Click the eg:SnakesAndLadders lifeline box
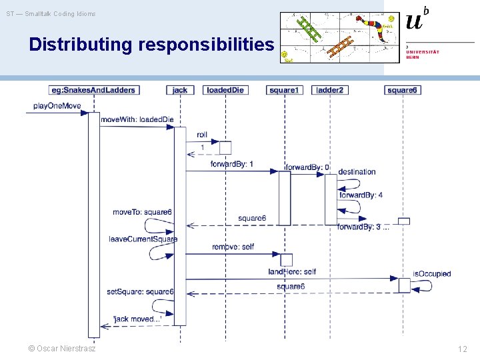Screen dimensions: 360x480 coord(93,90)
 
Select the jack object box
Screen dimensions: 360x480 coord(179,90)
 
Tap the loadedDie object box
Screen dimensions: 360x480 coord(225,90)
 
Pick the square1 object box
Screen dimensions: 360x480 coord(284,90)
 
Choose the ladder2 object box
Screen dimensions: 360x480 coord(329,90)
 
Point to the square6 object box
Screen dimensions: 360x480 coord(403,90)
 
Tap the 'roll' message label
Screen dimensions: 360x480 coord(202,134)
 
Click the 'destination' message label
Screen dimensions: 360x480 coord(357,171)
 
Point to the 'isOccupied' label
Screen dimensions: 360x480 coord(431,273)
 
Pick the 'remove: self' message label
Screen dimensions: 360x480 coord(233,247)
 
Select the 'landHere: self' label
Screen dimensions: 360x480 coord(292,271)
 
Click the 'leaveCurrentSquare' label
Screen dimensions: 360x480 coord(143,239)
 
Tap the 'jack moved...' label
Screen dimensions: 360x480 coord(137,319)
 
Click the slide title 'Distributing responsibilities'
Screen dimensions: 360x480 coord(151,45)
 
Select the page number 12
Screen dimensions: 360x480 coord(462,349)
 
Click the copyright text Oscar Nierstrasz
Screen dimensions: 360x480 coord(62,349)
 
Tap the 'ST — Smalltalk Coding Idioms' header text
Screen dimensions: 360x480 coord(51,14)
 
